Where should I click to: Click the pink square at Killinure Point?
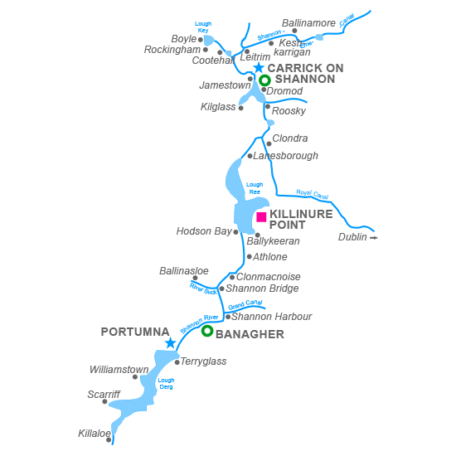[x=261, y=217]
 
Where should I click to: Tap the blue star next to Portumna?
[x=170, y=342]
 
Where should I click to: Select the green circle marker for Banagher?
[x=207, y=331]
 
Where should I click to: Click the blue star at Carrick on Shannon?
[x=259, y=68]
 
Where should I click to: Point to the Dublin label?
[x=353, y=237]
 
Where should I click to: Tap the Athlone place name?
[x=270, y=257]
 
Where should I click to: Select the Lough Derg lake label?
[x=166, y=383]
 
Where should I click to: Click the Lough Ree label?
[x=255, y=188]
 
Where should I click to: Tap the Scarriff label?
[x=104, y=395]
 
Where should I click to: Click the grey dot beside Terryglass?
[x=177, y=362]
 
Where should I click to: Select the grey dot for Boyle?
[x=200, y=39]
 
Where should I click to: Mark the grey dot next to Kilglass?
[x=241, y=108]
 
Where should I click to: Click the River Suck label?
[x=203, y=289]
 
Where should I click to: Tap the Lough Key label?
[x=203, y=27]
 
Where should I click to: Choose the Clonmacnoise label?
[x=269, y=277]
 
